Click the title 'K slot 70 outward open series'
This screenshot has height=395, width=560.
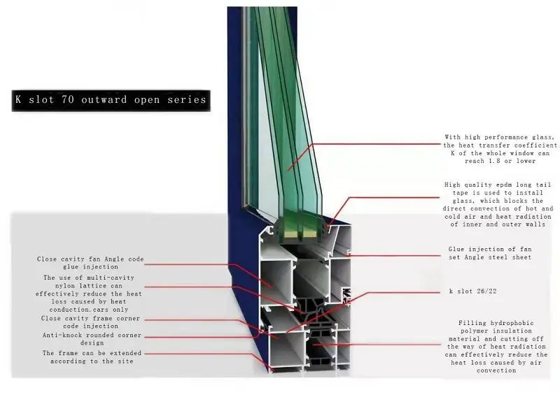pyautogui.click(x=111, y=100)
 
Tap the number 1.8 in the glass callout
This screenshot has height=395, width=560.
pyautogui.click(x=502, y=161)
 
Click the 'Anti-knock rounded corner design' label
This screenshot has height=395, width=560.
pyautogui.click(x=92, y=339)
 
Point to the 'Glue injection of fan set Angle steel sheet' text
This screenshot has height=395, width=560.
pyautogui.click(x=490, y=253)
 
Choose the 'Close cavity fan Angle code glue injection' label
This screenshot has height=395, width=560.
pyautogui.click(x=90, y=263)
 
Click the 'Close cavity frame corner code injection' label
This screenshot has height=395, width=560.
pyautogui.click(x=90, y=322)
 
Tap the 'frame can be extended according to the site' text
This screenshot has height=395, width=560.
pyautogui.click(x=91, y=357)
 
